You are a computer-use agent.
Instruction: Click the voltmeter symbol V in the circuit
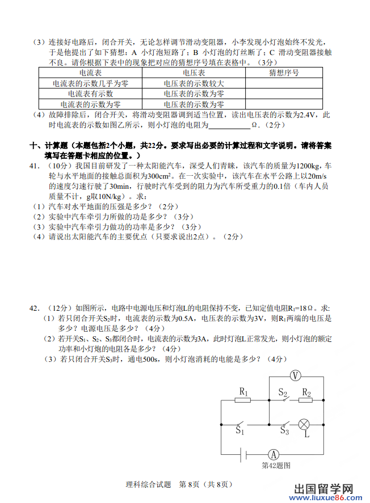click(x=295, y=375)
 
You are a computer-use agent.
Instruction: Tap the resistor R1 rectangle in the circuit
click(x=243, y=399)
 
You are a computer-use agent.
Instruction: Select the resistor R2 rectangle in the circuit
click(x=306, y=399)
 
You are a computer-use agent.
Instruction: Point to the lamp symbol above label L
click(x=304, y=424)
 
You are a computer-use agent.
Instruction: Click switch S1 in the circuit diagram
click(x=241, y=424)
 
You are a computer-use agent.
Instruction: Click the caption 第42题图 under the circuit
click(x=276, y=466)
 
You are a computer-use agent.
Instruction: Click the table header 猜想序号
click(x=284, y=73)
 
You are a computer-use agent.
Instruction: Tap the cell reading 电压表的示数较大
click(x=194, y=83)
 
